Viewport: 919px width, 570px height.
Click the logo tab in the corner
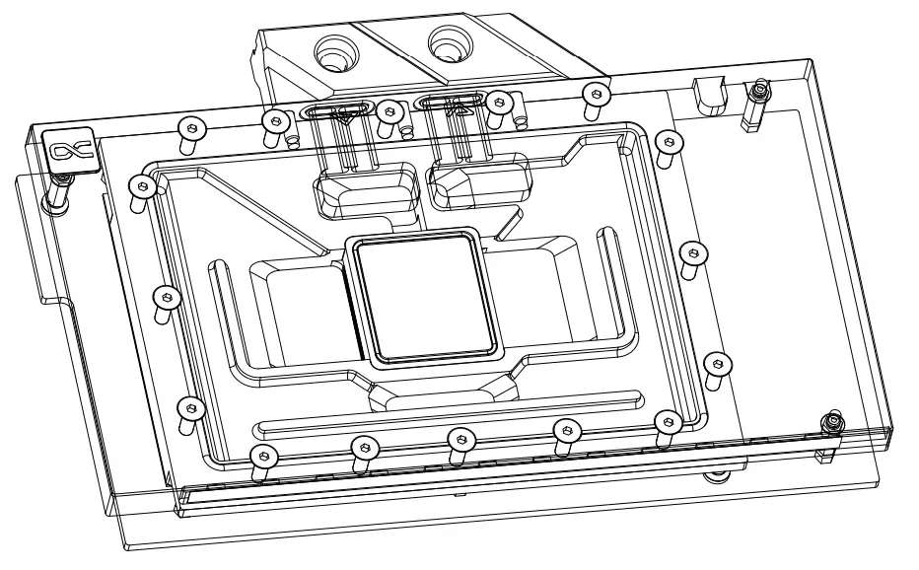point(71,149)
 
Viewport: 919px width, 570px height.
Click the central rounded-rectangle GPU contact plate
point(425,295)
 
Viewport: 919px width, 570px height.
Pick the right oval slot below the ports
point(452,101)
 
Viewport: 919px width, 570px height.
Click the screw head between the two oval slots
point(390,110)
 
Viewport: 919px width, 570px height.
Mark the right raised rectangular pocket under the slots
point(477,182)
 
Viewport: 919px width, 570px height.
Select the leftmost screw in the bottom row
point(261,457)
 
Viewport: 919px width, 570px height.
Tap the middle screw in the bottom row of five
point(461,438)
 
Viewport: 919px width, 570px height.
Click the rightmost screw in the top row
point(594,95)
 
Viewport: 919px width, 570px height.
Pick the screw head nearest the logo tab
point(144,184)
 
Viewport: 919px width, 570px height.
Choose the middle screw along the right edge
point(694,253)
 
